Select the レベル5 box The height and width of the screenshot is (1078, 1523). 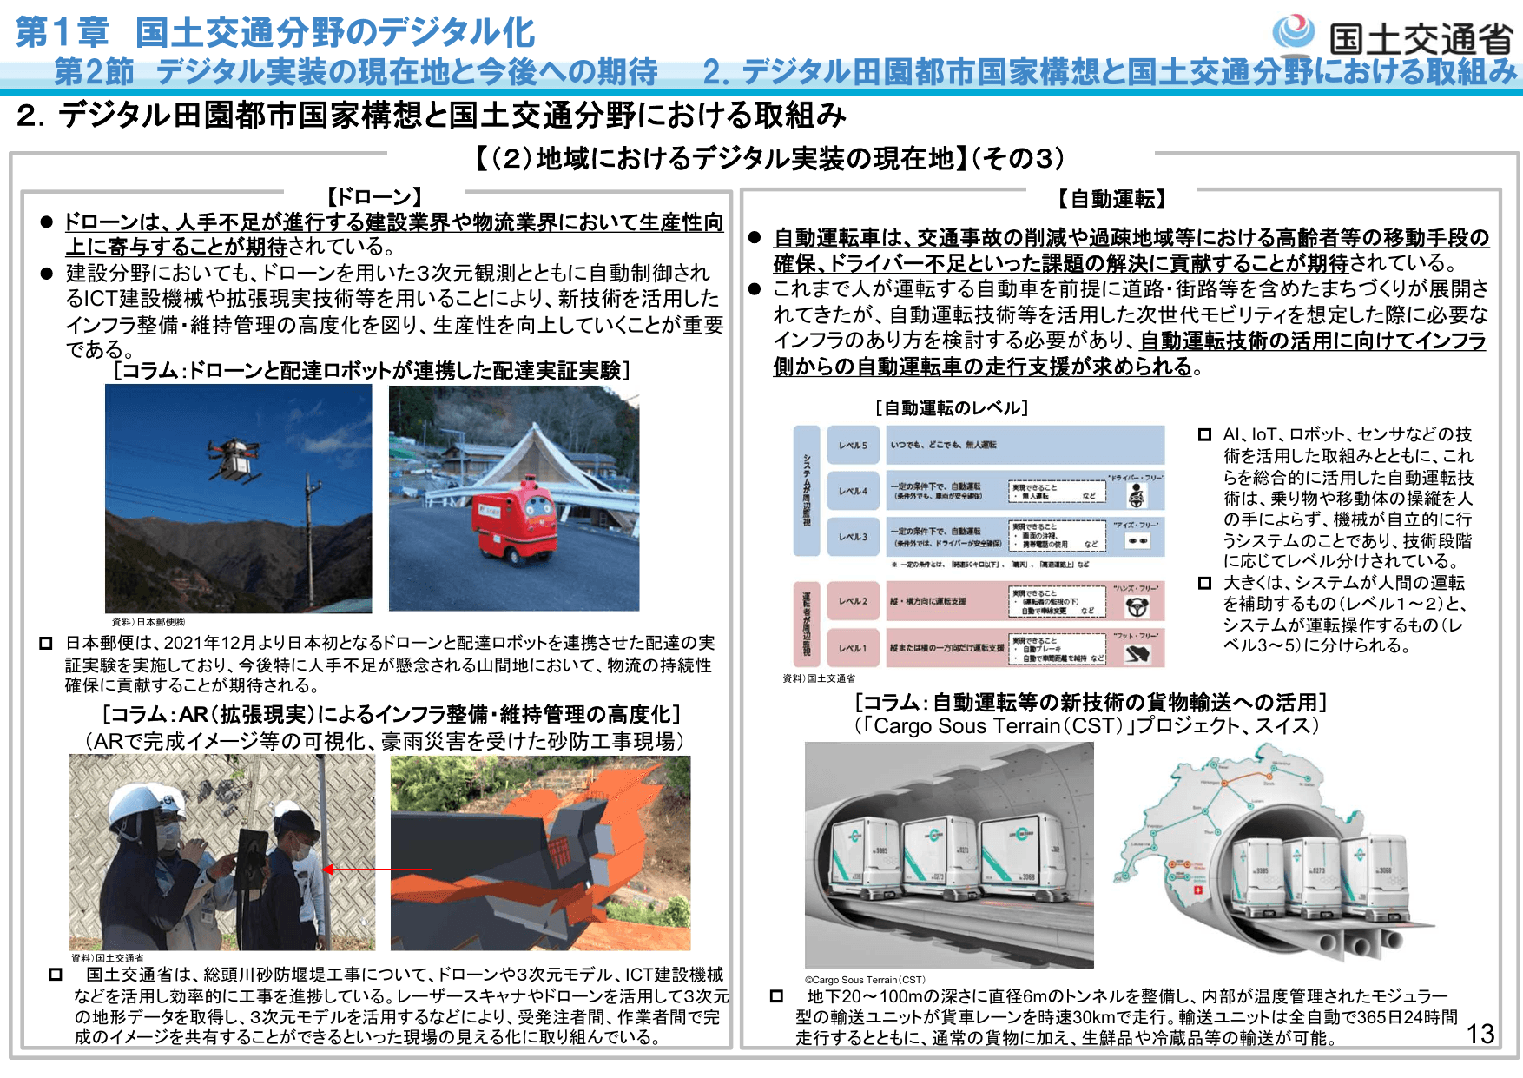[x=852, y=446]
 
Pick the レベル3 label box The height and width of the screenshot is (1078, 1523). [x=852, y=537]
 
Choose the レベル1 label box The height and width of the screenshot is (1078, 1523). [x=852, y=648]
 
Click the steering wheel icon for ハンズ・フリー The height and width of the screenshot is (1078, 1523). [x=1137, y=608]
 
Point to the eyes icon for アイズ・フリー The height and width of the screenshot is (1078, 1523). [x=1137, y=541]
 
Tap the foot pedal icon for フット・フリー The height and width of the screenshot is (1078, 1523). [x=1137, y=654]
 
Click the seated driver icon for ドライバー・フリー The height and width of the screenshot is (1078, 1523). [x=1136, y=495]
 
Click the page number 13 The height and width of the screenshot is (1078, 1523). [x=1480, y=1034]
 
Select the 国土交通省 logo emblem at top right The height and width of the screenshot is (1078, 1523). [x=1294, y=33]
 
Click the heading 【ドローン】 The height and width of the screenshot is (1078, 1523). [x=374, y=197]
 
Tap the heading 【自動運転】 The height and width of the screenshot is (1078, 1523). [x=1111, y=200]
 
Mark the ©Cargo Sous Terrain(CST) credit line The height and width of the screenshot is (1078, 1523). [x=865, y=980]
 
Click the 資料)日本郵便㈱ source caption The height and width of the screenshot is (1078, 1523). [x=148, y=622]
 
